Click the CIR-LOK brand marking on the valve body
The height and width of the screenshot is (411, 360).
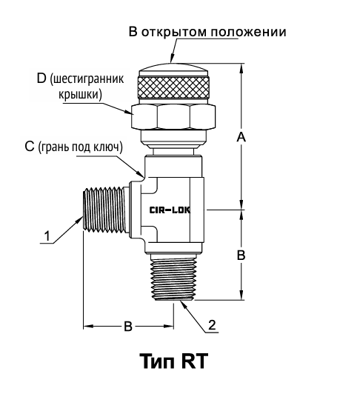pos(170,210)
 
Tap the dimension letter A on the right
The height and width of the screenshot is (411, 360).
pos(241,137)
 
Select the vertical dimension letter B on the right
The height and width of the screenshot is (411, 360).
pos(241,255)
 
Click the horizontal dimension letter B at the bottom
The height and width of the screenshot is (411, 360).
pos(128,327)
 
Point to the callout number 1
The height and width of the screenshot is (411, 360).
pos(47,236)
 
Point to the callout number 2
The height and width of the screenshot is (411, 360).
pos(212,325)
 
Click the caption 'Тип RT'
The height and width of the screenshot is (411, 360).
pos(174,361)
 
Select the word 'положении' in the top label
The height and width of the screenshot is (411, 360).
pos(249,33)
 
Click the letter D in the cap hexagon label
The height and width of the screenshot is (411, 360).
pos(41,78)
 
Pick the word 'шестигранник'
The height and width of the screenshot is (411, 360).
pos(87,79)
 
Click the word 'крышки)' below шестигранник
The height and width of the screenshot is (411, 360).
pos(80,94)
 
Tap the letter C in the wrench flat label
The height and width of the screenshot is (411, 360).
pos(30,147)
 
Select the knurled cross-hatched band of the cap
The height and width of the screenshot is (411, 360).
pos(174,87)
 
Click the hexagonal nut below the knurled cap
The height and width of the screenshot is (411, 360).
pos(173,116)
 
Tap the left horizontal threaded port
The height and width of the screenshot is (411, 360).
pos(105,210)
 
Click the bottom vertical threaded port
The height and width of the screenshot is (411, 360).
pos(173,278)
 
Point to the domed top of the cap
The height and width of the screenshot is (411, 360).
pos(173,69)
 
